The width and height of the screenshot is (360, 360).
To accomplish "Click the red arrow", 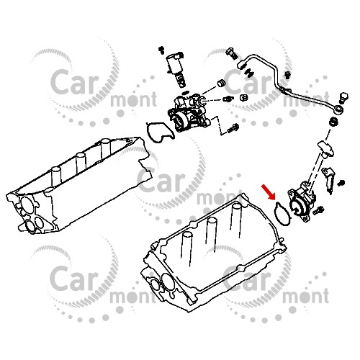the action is pyautogui.click(x=269, y=192).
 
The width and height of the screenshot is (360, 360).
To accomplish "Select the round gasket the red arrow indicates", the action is pyautogui.click(x=275, y=210).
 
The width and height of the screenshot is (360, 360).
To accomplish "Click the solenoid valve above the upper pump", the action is pyautogui.click(x=175, y=68).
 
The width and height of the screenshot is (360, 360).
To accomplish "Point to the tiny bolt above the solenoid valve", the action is pyautogui.click(x=161, y=50).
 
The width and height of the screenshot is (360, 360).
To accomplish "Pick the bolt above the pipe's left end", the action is pyautogui.click(x=231, y=53).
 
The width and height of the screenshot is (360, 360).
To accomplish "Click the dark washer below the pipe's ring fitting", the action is pyautogui.click(x=333, y=121).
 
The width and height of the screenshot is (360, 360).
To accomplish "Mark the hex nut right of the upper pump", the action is pyautogui.click(x=243, y=97).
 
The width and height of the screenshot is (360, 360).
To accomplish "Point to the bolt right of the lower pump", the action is pyautogui.click(x=319, y=210).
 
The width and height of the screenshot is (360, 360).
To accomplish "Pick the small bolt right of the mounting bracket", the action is pyautogui.click(x=341, y=183).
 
